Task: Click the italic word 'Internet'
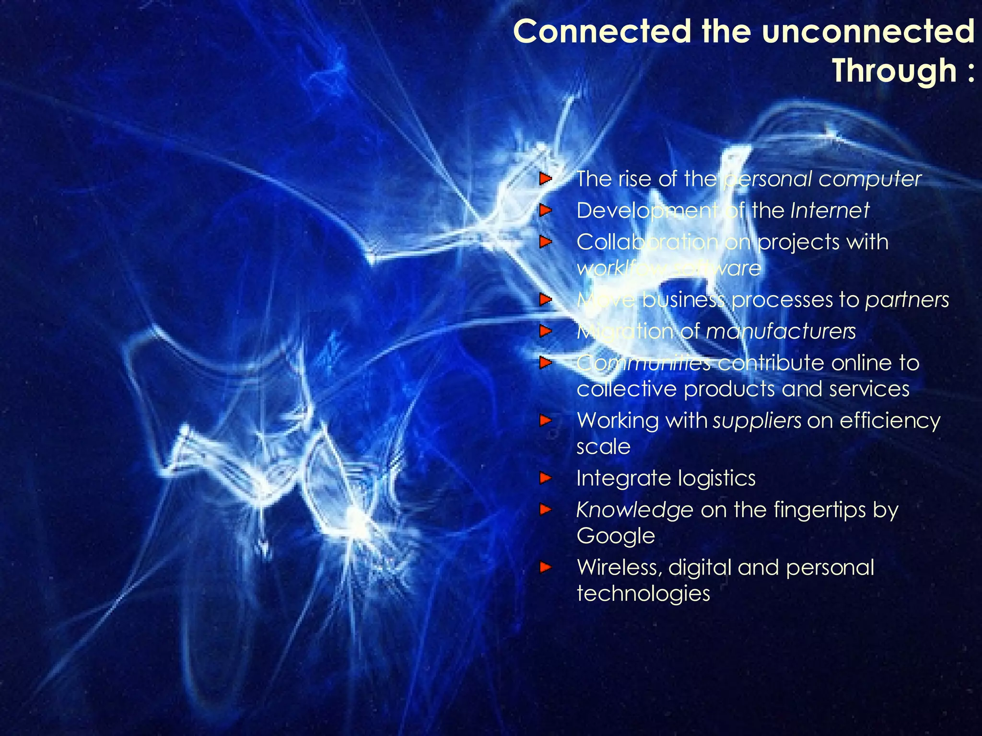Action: point(830,210)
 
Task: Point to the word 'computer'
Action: point(870,179)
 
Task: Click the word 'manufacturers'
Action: point(781,332)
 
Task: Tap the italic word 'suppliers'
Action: point(757,421)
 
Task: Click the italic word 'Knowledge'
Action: point(634,510)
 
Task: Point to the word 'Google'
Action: point(616,536)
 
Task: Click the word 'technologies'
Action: point(643,594)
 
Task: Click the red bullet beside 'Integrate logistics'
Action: point(545,478)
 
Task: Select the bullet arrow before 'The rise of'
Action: point(545,179)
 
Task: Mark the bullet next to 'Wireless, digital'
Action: point(545,568)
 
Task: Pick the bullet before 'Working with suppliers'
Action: point(545,421)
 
